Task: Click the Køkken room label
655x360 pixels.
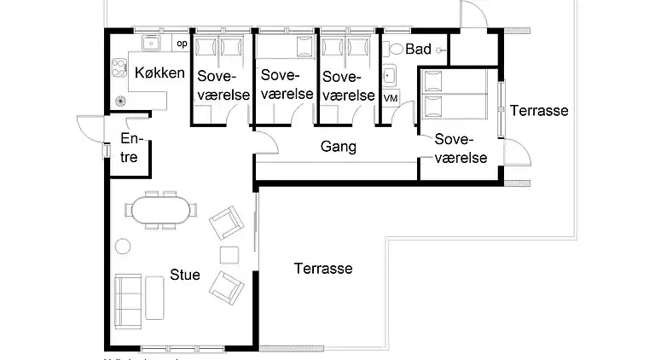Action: [159, 73]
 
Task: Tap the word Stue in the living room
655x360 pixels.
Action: [185, 275]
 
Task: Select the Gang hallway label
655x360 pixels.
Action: [338, 147]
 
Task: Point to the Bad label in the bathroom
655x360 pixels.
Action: [418, 49]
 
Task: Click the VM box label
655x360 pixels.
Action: [391, 99]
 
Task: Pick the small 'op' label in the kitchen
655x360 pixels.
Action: [181, 44]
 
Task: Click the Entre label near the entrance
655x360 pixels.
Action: [130, 148]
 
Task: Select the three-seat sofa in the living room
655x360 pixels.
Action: [128, 298]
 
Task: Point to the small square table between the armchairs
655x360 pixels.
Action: [229, 254]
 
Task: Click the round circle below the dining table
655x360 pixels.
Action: [123, 247]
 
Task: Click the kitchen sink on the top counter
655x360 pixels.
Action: [154, 44]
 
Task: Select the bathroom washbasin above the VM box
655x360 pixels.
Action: [391, 76]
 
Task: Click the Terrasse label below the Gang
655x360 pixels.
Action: [323, 269]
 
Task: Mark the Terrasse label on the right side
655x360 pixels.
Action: [539, 111]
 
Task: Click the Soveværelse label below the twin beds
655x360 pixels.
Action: [461, 148]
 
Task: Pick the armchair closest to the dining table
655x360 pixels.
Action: [226, 224]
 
